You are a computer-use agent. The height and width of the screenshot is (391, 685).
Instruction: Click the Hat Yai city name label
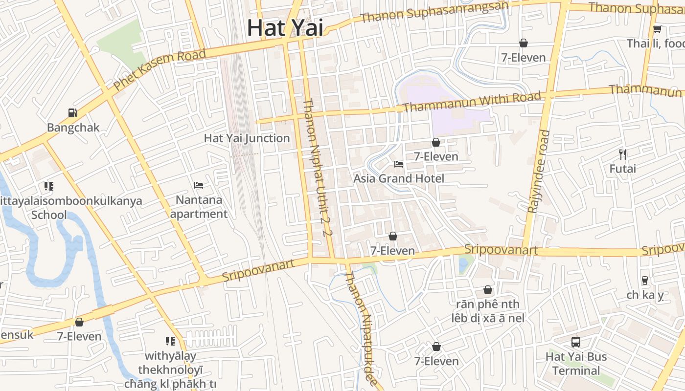[x=285, y=27]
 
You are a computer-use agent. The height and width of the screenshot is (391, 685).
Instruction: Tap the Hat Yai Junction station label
[x=247, y=138]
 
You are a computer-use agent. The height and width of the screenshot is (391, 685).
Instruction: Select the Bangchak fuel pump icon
[x=73, y=113]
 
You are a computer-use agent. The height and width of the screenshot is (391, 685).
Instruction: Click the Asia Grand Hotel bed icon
[x=399, y=164]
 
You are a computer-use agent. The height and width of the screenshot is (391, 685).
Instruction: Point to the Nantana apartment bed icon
[x=199, y=185]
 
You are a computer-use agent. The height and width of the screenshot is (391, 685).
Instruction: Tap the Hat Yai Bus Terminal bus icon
[x=576, y=342]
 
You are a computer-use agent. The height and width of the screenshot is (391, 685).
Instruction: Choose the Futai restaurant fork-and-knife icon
[x=623, y=154]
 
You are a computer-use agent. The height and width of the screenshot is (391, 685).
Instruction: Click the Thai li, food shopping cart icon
[x=658, y=29]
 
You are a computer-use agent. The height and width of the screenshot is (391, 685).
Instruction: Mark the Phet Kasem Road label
[x=160, y=69]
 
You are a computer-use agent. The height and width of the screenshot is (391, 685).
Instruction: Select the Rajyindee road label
[x=538, y=171]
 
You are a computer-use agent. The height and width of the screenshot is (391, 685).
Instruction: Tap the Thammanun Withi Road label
[x=473, y=101]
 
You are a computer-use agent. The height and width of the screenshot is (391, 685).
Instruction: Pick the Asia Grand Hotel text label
[x=399, y=178]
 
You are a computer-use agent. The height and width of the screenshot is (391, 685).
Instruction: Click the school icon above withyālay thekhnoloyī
[x=170, y=341]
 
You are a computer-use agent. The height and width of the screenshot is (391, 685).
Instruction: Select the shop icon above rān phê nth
[x=488, y=290]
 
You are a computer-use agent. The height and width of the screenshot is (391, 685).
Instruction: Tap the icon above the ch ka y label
[x=645, y=281]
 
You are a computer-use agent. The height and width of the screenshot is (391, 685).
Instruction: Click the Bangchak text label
[x=73, y=128]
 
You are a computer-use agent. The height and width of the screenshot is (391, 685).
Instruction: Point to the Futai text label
[x=623, y=169]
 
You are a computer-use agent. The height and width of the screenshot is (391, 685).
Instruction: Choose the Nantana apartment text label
[x=199, y=207]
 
